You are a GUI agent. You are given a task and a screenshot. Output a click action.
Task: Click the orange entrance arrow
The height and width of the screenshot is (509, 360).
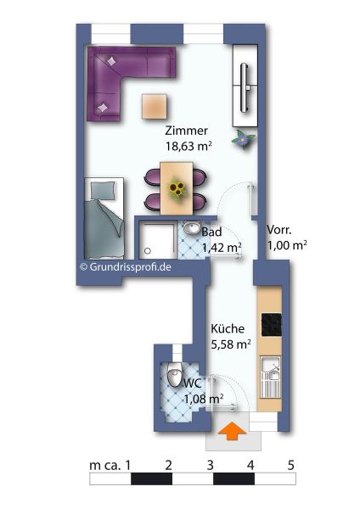tap(231, 431)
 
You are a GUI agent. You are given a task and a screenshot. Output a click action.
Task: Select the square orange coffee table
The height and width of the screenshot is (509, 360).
tap(155, 107)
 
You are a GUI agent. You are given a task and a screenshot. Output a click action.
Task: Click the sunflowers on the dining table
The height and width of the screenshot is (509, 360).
tap(177, 188)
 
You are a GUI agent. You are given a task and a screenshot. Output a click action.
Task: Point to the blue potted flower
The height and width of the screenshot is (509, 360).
tap(243, 140)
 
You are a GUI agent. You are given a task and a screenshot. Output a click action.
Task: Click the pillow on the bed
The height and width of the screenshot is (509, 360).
tap(103, 191)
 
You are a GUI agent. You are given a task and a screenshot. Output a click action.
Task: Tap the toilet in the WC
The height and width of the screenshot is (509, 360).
tap(174, 375)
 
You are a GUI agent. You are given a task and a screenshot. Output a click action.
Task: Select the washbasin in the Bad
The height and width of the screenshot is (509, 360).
tap(191, 227)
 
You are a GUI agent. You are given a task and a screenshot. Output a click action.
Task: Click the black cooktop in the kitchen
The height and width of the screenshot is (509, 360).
tap(272, 325)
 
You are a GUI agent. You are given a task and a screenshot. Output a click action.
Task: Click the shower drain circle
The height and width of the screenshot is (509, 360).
tap(148, 250)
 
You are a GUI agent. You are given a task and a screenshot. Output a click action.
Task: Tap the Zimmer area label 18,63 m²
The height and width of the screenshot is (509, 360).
tap(188, 146)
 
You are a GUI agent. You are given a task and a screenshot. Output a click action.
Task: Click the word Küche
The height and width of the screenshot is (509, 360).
tap(228, 328)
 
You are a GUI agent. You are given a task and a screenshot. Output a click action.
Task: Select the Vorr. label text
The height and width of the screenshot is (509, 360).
tap(279, 230)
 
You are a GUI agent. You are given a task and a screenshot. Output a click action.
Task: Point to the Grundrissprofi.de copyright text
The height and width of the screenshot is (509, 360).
tap(126, 267)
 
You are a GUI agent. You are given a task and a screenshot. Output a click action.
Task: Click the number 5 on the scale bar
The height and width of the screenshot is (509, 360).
tap(290, 465)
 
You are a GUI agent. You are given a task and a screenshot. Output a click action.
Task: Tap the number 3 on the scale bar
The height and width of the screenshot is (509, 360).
tap(210, 465)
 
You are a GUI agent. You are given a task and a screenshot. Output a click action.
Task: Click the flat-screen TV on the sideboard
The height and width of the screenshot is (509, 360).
tap(245, 87)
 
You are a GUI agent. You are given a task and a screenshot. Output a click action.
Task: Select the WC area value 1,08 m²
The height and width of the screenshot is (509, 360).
tap(204, 398)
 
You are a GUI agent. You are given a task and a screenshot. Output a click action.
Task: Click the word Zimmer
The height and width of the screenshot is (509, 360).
tap(186, 131)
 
